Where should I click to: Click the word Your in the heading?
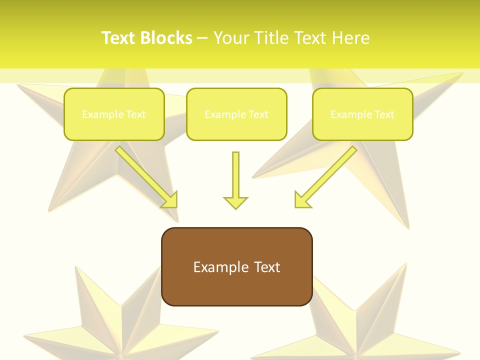(231, 38)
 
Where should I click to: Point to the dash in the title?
(202, 38)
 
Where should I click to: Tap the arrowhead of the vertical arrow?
(235, 202)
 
